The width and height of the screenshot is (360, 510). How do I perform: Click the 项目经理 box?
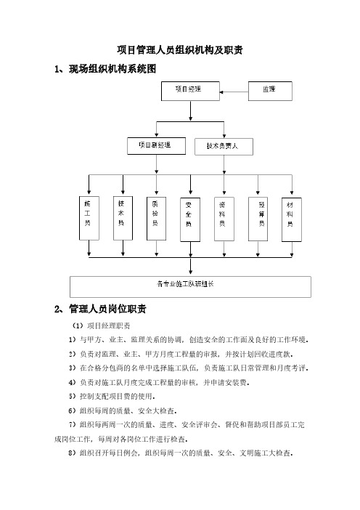pyautogui.click(x=190, y=91)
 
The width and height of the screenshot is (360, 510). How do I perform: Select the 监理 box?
pyautogui.click(x=270, y=91)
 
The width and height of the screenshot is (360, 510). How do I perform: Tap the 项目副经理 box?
pyautogui.click(x=156, y=146)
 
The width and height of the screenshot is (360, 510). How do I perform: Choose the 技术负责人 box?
pyautogui.click(x=224, y=147)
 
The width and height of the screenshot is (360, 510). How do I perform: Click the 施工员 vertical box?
pyautogui.click(x=89, y=218)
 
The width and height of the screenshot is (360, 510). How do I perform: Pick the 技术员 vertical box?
pyautogui.click(x=123, y=218)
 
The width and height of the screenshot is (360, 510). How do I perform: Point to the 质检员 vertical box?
pyautogui.click(x=156, y=219)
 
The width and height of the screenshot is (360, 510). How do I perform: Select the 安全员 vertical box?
pyautogui.click(x=190, y=219)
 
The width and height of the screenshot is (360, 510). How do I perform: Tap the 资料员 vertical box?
pyautogui.click(x=224, y=219)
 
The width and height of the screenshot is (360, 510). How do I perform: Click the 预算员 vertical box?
pyautogui.click(x=258, y=219)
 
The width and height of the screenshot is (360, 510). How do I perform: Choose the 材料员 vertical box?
pyautogui.click(x=292, y=219)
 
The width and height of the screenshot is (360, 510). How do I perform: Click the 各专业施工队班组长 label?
pyautogui.click(x=185, y=284)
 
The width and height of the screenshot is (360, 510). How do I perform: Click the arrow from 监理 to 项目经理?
pyautogui.click(x=234, y=92)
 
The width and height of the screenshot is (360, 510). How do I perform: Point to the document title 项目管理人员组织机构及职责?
pyautogui.click(x=180, y=49)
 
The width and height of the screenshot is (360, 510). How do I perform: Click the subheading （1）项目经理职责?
pyautogui.click(x=101, y=325)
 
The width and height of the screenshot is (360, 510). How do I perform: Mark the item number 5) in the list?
pyautogui.click(x=72, y=396)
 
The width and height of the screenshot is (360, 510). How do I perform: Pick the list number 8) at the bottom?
pyautogui.click(x=72, y=453)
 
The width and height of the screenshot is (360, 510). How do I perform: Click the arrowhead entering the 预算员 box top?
pyautogui.click(x=258, y=193)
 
